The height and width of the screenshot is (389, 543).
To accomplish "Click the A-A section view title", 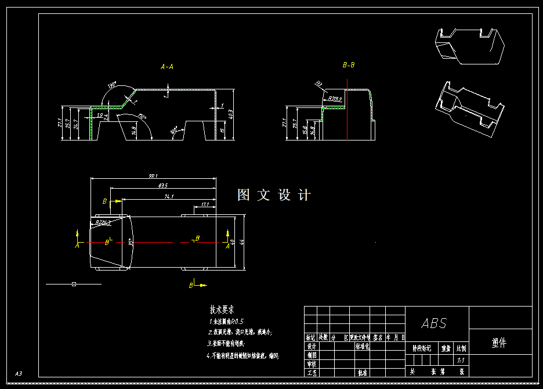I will point(167,67).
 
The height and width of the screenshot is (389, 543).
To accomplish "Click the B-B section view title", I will point(349,65).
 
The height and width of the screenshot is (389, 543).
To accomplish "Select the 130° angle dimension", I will point(111,86).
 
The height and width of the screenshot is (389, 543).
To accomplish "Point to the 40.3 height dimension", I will point(231,114).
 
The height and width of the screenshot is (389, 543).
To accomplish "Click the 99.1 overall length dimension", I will point(153,176).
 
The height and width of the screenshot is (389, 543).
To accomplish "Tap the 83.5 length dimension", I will point(163,186).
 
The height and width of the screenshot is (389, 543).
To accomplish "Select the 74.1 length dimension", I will point(169,197).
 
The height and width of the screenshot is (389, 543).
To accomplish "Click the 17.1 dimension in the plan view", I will point(205,204).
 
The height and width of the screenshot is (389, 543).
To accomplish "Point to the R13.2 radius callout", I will point(335,99).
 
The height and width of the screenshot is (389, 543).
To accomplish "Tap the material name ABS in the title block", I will point(434,323).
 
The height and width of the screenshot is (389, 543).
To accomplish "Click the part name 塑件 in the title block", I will point(499,343).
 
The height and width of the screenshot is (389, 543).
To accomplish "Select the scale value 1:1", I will point(462,361).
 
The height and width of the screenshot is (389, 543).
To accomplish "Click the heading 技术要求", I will point(222,311).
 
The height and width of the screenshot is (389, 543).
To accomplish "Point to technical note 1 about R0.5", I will point(226,321).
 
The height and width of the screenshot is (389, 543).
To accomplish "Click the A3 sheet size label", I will point(19,373).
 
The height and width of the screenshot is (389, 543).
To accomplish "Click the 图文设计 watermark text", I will point(274,195).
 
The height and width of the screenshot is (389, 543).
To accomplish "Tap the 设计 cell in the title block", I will point(312,346).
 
